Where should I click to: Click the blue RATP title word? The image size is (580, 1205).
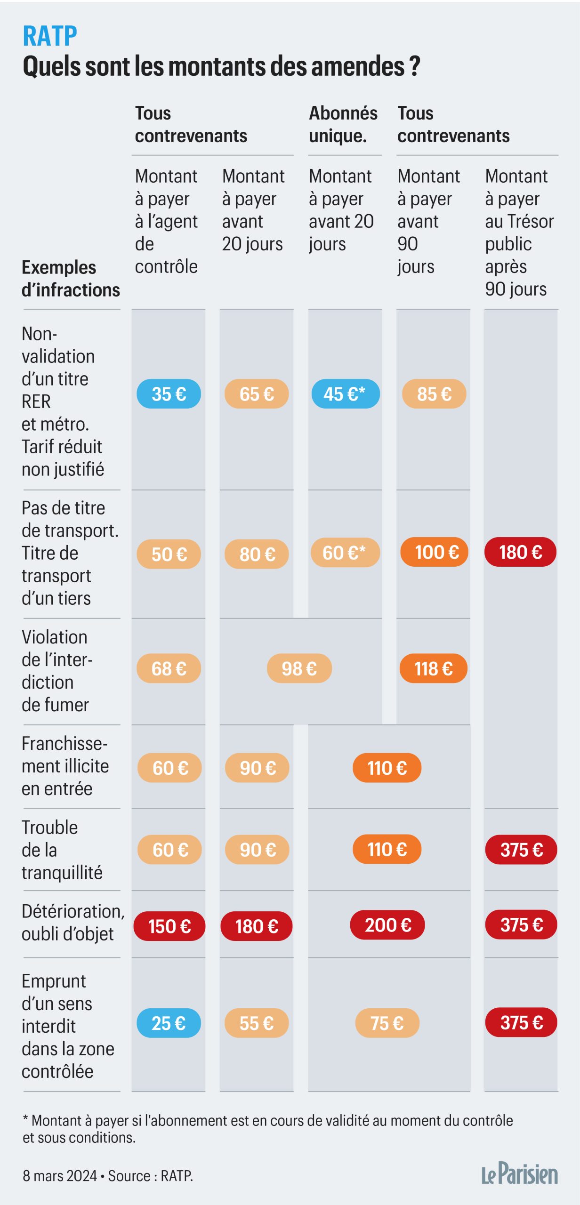pos(50,36)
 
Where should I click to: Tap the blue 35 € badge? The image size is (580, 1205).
pos(169,394)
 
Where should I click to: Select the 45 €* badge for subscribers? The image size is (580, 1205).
pos(345,394)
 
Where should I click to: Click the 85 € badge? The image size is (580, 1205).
pos(434,394)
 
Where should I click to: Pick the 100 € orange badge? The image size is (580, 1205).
pos(434,552)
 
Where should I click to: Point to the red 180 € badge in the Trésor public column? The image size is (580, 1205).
pos(520,552)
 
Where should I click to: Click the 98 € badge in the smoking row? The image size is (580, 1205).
pos(299,668)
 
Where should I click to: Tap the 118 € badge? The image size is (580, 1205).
pos(433,668)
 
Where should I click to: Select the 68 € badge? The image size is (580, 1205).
pos(169,668)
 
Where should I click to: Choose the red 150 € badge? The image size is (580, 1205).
pos(169,926)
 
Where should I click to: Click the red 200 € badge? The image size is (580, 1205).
pos(387,925)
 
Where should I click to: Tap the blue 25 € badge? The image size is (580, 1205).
pos(169,1023)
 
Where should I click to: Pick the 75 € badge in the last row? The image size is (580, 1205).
pos(387,1023)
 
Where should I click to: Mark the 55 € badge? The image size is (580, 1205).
pos(256,1023)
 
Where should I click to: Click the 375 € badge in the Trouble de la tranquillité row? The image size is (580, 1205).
pos(521,850)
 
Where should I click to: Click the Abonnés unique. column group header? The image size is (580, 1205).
pos(343,125)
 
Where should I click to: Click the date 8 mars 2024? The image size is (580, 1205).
pos(59,1176)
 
